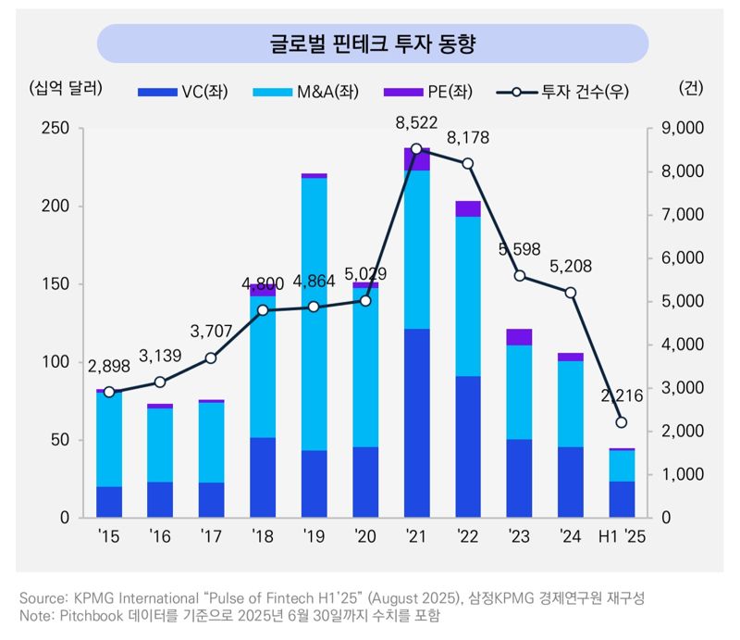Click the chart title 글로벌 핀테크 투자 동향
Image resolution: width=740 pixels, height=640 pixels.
coord(372,44)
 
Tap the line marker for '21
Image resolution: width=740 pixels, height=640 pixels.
coord(416,148)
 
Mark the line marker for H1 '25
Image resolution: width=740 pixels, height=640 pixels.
coord(622,422)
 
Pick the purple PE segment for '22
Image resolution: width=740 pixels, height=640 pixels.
coord(467,208)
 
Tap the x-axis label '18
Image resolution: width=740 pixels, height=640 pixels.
coord(262,535)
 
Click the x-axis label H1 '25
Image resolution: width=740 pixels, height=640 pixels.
coord(621,535)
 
